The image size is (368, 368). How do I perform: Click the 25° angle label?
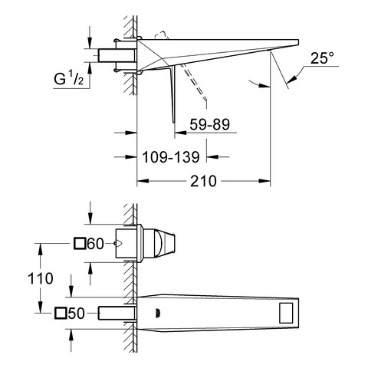pyautogui.click(x=322, y=58)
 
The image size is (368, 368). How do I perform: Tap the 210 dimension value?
pyautogui.click(x=203, y=181)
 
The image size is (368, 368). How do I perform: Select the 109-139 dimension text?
pyautogui.click(x=171, y=157)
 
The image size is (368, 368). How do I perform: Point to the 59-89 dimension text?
pyautogui.click(x=209, y=124)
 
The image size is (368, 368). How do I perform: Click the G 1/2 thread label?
pyautogui.click(x=68, y=79)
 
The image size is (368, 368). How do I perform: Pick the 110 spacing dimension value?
pyautogui.click(x=41, y=278)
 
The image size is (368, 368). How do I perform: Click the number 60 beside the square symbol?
pyautogui.click(x=95, y=244)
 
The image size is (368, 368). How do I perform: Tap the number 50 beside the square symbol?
pyautogui.click(x=76, y=313)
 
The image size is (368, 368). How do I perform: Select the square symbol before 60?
pyautogui.click(x=80, y=243)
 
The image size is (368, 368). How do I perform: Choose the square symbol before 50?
pyautogui.click(x=61, y=313)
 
